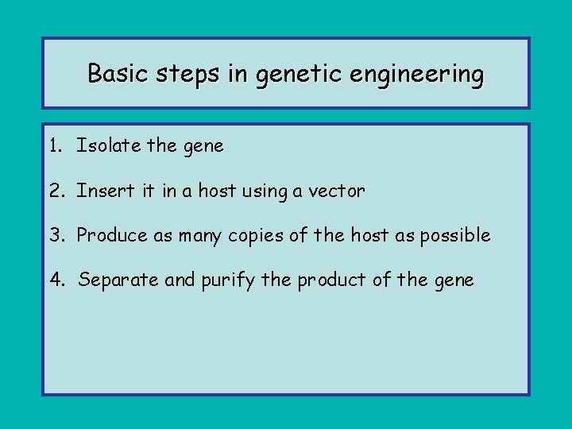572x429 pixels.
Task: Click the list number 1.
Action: (54, 146)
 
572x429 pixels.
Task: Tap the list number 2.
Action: (55, 191)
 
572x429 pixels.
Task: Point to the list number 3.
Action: (55, 235)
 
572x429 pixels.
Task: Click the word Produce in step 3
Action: (110, 235)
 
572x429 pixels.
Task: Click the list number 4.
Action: (55, 280)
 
